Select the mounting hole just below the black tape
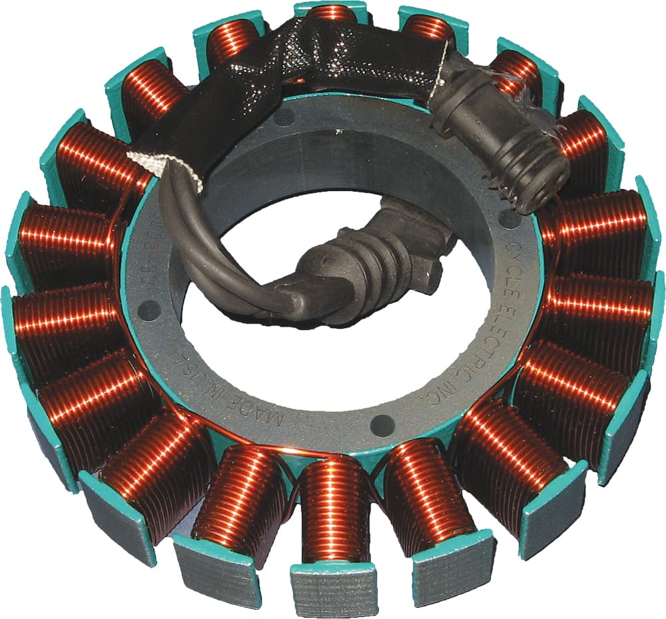tap(284, 118)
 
